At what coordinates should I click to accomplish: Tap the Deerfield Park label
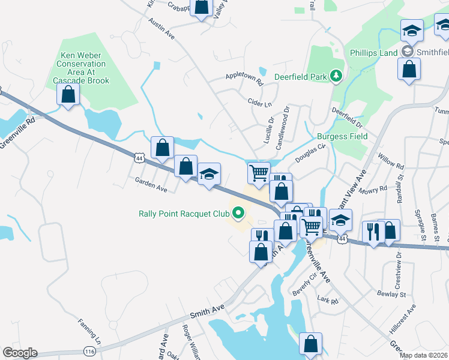coord(300,77)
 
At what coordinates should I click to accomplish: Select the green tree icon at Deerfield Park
coord(337,76)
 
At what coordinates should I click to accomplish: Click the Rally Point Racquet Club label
coord(184,213)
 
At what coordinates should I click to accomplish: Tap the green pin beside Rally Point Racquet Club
coord(239,212)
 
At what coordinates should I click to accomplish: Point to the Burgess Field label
coord(342,136)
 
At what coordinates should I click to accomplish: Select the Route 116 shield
coord(90,350)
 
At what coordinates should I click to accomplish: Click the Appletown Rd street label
coord(244,77)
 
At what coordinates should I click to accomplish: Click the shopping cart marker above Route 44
coord(258,173)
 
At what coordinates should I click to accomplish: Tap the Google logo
coord(20,353)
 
